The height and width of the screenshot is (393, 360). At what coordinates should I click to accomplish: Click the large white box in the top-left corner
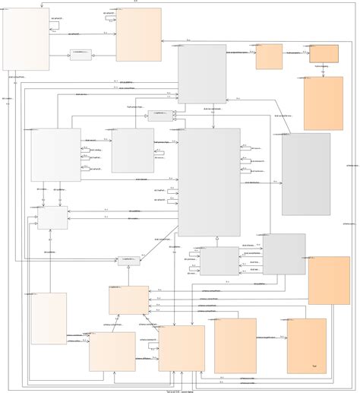[x=26, y=39]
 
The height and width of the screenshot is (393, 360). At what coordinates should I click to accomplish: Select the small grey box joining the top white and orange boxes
[x=81, y=55]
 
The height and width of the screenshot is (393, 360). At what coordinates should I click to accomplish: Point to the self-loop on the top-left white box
[x=55, y=24]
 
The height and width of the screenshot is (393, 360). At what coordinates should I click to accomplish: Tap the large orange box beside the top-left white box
[x=138, y=34]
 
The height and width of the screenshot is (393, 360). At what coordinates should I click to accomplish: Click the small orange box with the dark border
[x=324, y=53]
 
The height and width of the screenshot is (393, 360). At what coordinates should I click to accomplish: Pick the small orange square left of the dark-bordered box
[x=269, y=56]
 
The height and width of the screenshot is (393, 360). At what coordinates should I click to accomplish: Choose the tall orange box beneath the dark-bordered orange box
[x=324, y=103]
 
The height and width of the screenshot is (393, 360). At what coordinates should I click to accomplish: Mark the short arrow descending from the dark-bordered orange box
[x=324, y=69]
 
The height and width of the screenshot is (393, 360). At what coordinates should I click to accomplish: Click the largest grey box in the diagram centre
[x=209, y=182]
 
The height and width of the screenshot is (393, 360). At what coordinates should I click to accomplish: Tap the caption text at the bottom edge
[x=180, y=390]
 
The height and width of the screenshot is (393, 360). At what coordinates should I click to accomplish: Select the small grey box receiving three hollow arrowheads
[x=159, y=116]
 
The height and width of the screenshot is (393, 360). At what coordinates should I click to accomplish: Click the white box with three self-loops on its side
[x=55, y=154]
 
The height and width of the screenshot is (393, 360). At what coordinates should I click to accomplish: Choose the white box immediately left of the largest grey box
[x=133, y=150]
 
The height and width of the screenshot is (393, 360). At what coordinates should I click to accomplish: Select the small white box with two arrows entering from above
[x=52, y=218]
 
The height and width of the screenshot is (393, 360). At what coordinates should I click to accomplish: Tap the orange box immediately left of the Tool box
[x=235, y=346]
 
